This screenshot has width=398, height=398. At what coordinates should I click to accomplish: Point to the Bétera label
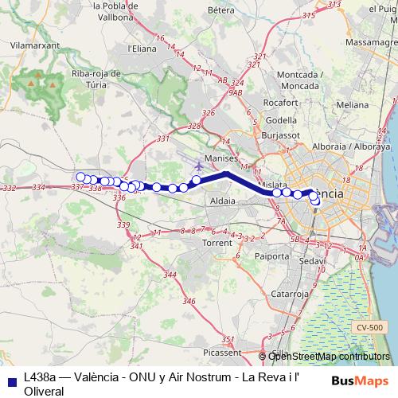[x=219, y=10]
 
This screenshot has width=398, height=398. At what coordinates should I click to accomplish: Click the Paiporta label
[x=273, y=256]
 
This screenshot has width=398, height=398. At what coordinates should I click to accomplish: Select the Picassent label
[x=222, y=351]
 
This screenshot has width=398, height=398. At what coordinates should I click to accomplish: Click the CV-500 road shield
[x=369, y=327]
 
